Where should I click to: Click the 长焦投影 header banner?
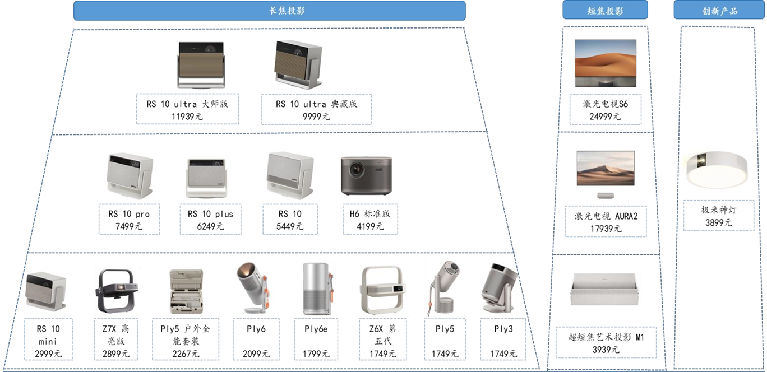tap(270, 11)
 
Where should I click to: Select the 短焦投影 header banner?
tap(605, 10)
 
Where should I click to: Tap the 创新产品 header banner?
tap(719, 10)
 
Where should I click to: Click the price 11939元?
tap(187, 117)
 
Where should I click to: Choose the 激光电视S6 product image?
tap(606, 63)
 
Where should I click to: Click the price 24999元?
tap(605, 117)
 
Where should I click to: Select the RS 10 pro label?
tap(129, 214)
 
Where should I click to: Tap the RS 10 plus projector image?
tap(206, 178)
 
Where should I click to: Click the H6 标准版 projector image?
tap(366, 175)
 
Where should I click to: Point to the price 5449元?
tap(290, 226)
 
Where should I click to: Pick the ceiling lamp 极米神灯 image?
tap(717, 170)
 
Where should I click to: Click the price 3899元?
tap(719, 223)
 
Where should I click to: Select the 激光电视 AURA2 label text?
tap(606, 216)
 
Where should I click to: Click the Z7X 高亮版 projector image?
tap(117, 291)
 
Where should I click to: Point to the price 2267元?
tap(186, 354)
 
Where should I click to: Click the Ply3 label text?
tap(503, 329)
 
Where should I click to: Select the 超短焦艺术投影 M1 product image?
tap(605, 289)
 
